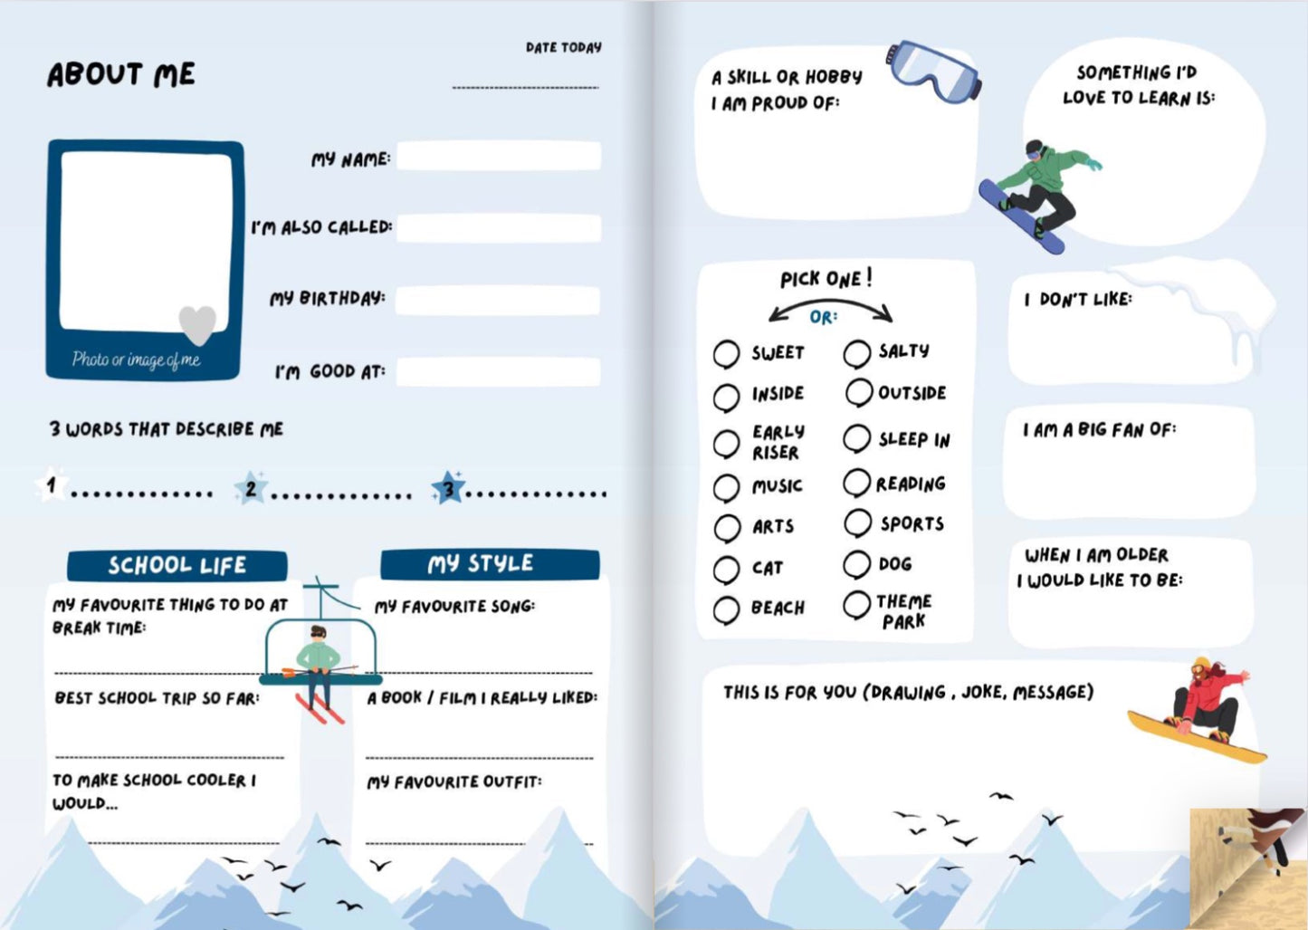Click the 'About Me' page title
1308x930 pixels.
coord(121,74)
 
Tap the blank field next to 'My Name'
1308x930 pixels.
coord(498,157)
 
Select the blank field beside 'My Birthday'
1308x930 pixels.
coord(498,301)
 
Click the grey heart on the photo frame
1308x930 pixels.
coord(197,323)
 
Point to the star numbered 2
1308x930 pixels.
coord(251,489)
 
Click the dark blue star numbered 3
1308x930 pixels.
coord(448,489)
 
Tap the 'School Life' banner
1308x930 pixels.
coord(177,565)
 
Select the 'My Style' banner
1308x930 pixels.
coord(489,563)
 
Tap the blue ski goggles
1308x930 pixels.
coord(933,71)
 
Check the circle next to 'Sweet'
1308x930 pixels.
coord(726,354)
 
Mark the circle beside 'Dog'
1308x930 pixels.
coord(856,564)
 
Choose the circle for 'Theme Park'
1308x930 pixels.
coord(856,605)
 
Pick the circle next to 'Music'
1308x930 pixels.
coord(726,487)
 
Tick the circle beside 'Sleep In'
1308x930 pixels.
coord(856,439)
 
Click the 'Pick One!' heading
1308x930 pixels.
coord(826,278)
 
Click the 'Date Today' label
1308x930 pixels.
coord(563,47)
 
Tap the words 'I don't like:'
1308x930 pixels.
coord(1077,299)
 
